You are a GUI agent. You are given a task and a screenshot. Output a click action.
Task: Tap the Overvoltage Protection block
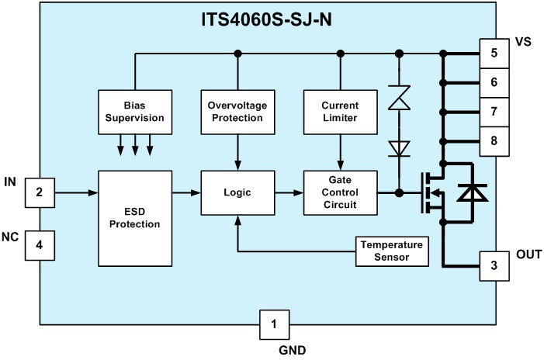237,111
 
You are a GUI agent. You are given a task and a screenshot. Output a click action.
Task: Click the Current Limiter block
339,111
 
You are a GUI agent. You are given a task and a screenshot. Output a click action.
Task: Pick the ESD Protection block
136,218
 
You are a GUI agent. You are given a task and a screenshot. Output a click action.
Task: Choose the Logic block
237,192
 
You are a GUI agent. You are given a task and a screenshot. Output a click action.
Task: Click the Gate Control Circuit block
339,192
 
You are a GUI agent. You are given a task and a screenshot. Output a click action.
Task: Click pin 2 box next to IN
40,192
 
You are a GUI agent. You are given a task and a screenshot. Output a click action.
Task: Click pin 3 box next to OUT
494,265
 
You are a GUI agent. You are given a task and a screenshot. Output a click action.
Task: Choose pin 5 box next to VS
494,54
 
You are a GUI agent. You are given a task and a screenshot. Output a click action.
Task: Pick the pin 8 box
494,141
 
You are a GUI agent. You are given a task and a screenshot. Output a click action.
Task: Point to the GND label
293,350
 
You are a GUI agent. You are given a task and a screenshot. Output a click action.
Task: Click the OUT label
528,253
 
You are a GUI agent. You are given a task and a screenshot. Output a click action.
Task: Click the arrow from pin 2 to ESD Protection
77,192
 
